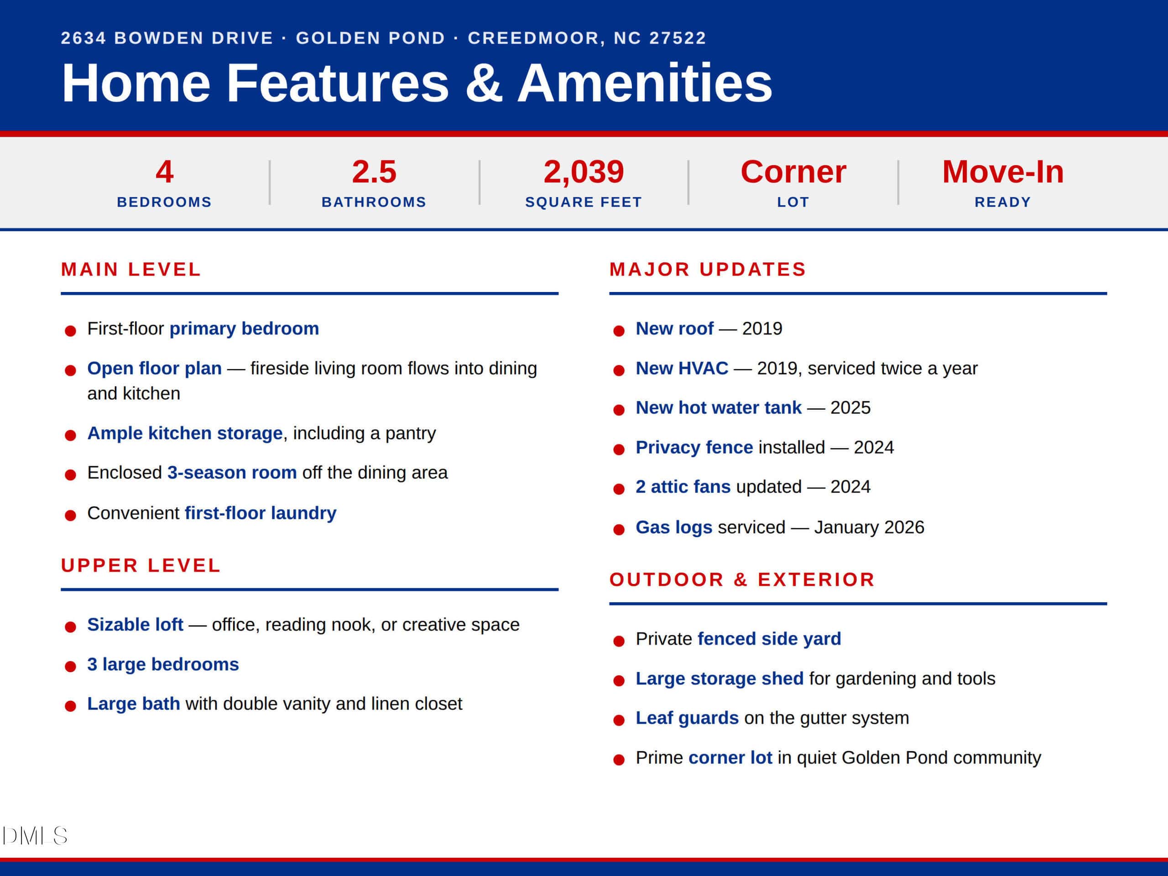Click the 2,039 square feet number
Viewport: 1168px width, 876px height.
click(584, 172)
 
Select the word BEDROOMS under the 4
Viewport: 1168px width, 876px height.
click(164, 202)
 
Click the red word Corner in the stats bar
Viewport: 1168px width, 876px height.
click(793, 172)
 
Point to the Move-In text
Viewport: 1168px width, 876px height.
click(1003, 172)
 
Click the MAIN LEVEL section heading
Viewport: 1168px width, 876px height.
click(131, 269)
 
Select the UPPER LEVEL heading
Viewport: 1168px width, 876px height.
click(141, 565)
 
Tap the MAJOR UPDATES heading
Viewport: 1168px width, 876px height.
click(708, 269)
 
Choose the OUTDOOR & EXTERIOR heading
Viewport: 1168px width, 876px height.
click(742, 580)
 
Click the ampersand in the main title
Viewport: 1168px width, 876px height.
click(484, 83)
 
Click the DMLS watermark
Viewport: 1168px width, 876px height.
click(35, 836)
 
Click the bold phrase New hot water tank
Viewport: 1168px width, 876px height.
click(718, 407)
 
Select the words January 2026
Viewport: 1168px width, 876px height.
click(869, 527)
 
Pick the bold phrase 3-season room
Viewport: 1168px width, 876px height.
click(232, 473)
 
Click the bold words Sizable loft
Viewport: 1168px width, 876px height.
click(135, 625)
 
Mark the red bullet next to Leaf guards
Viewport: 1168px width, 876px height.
click(619, 720)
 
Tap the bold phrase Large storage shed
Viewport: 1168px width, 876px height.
click(719, 678)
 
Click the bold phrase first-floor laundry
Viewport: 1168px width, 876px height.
click(261, 513)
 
